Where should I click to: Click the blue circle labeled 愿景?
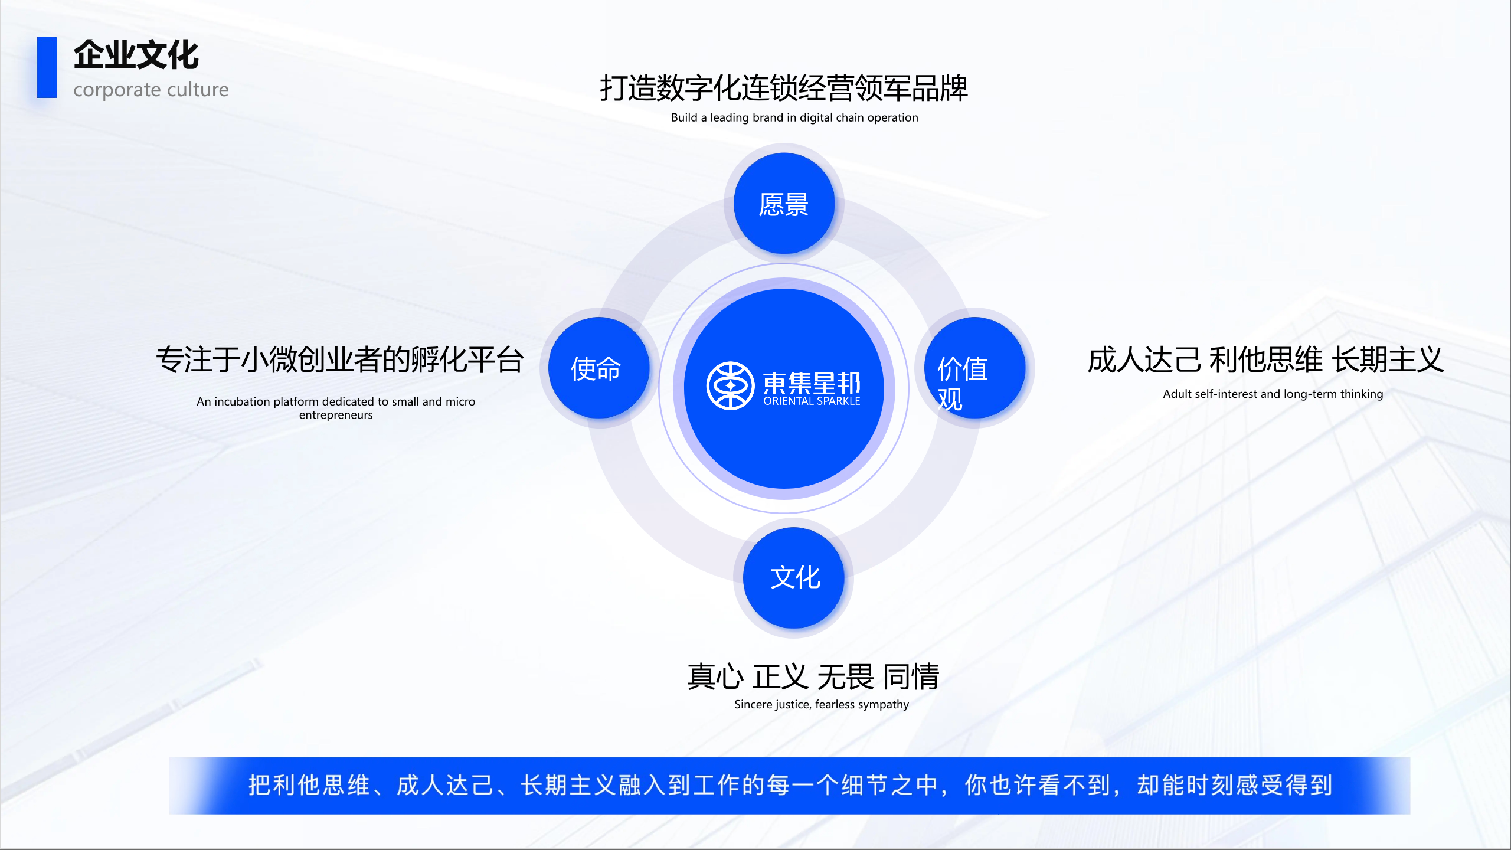pyautogui.click(x=784, y=204)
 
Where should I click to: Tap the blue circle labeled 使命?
pyautogui.click(x=598, y=368)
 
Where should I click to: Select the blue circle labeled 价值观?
pyautogui.click(x=974, y=368)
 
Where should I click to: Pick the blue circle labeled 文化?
pyautogui.click(x=794, y=577)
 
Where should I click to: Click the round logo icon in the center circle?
pyautogui.click(x=730, y=385)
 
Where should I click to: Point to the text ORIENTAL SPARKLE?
pyautogui.click(x=812, y=401)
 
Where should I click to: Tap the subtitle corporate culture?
pyautogui.click(x=151, y=90)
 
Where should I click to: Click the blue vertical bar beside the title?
pyautogui.click(x=47, y=67)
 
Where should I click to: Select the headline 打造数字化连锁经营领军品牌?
pyautogui.click(x=784, y=89)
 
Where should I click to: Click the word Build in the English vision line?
pyautogui.click(x=684, y=117)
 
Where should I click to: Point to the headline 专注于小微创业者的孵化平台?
pyautogui.click(x=340, y=359)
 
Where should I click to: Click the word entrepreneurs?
pyautogui.click(x=336, y=415)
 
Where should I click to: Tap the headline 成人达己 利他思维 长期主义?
pyautogui.click(x=1265, y=359)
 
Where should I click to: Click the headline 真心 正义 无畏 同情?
pyautogui.click(x=813, y=676)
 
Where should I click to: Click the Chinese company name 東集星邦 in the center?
pyautogui.click(x=812, y=383)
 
